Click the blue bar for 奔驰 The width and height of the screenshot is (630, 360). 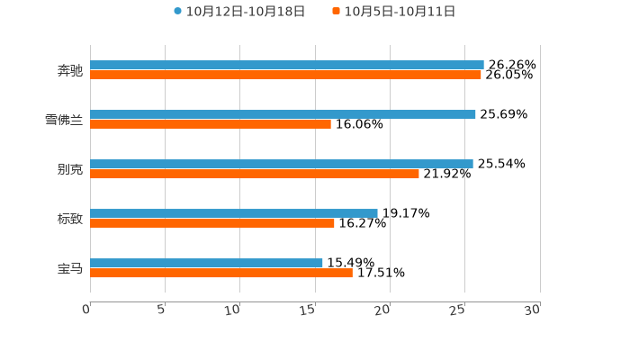click(287, 65)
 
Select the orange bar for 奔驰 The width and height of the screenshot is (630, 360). click(285, 76)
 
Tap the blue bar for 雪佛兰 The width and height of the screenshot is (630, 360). click(283, 114)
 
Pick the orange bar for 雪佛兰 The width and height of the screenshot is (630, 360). click(211, 125)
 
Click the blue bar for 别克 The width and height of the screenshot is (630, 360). click(282, 164)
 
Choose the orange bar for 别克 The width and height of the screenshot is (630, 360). click(255, 175)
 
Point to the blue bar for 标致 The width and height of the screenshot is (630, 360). click(234, 213)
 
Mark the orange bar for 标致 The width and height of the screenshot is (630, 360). click(212, 224)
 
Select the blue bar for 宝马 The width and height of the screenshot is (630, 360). click(206, 263)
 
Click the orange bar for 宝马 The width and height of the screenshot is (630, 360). click(221, 274)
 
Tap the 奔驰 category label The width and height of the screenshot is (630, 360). click(70, 70)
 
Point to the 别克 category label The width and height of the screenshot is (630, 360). click(70, 169)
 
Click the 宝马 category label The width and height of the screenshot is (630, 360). click(70, 268)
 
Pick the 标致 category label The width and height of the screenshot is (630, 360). click(70, 219)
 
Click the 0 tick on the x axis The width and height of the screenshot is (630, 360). click(86, 310)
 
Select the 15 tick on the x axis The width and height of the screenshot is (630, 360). click(308, 310)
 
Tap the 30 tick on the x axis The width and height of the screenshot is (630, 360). click(532, 310)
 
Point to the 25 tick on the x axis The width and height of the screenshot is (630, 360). click(457, 310)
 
